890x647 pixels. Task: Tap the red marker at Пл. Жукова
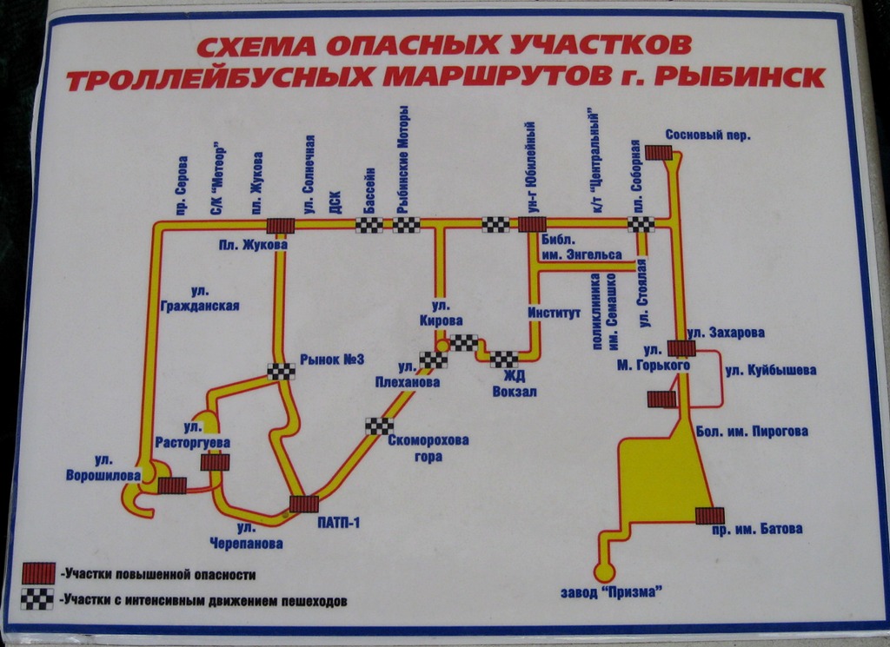point(280,226)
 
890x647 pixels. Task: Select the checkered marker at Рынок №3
point(281,372)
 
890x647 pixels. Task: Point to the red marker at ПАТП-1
point(303,504)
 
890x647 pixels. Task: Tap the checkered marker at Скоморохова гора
point(379,426)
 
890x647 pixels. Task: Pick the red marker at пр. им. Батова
point(709,516)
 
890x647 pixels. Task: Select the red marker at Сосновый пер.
point(661,153)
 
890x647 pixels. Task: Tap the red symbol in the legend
point(38,574)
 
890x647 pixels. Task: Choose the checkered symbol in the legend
point(38,599)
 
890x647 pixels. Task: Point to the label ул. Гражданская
point(200,299)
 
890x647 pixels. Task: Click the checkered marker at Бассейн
point(369,226)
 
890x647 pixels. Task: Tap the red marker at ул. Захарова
point(681,348)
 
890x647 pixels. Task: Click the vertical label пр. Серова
point(182,184)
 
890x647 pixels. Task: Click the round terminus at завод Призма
point(603,572)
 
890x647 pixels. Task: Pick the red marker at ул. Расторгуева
point(215,462)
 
